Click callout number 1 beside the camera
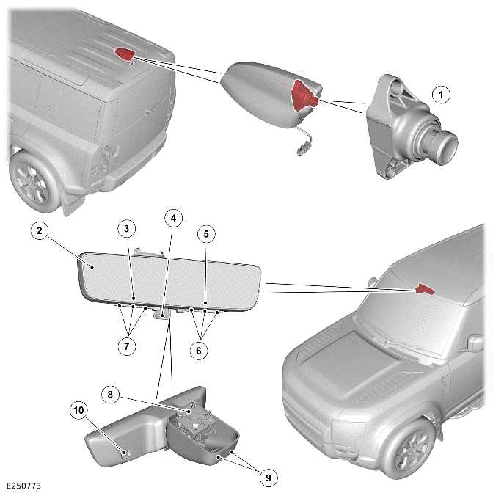click(x=441, y=95)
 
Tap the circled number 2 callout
click(x=40, y=231)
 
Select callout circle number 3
click(x=126, y=228)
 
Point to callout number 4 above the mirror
click(x=174, y=218)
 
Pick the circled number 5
click(x=206, y=234)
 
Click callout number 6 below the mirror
click(x=199, y=350)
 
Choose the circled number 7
click(x=126, y=346)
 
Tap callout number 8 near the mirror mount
click(x=110, y=395)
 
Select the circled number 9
click(x=269, y=478)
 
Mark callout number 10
click(x=78, y=410)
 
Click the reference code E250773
click(x=23, y=486)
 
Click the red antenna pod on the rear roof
click(x=125, y=54)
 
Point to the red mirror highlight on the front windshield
click(x=425, y=289)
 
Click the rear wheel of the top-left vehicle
click(x=33, y=183)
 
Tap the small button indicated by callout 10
click(x=125, y=453)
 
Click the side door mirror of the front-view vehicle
click(x=475, y=343)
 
